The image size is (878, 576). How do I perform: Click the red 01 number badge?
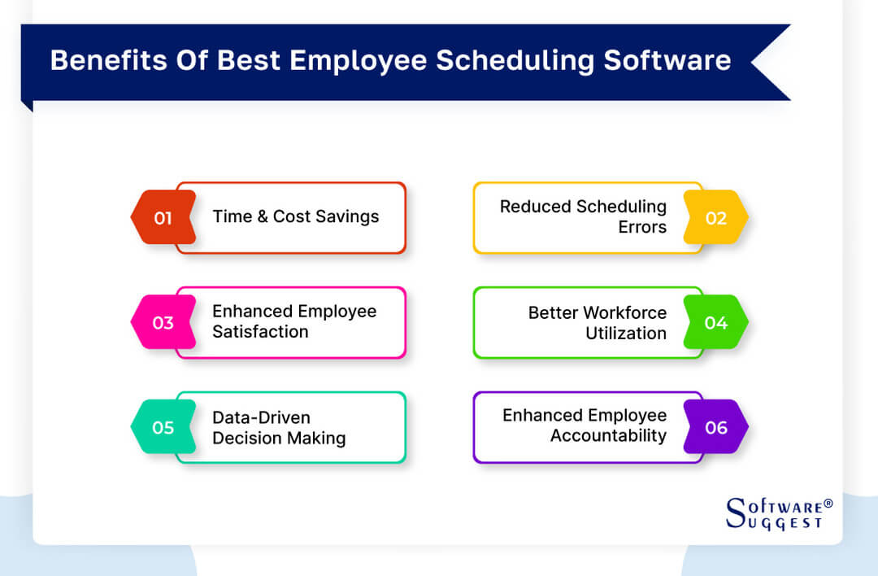click(163, 218)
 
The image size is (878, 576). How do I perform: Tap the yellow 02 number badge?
click(715, 218)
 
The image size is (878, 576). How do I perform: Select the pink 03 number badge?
click(163, 323)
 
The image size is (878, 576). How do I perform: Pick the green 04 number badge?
click(715, 323)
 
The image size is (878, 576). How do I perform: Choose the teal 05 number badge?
click(163, 428)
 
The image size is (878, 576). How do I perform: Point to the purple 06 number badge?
click(715, 428)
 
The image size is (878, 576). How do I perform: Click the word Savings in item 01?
click(348, 216)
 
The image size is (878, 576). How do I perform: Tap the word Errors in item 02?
click(642, 227)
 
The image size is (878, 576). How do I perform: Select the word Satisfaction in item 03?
click(260, 332)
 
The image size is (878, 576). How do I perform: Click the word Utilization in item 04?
click(626, 333)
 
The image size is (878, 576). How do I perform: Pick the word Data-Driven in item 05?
click(261, 417)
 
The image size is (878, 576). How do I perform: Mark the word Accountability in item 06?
click(608, 436)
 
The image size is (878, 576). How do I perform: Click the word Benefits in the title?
click(98, 61)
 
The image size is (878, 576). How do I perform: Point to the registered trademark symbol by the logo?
click(828, 504)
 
